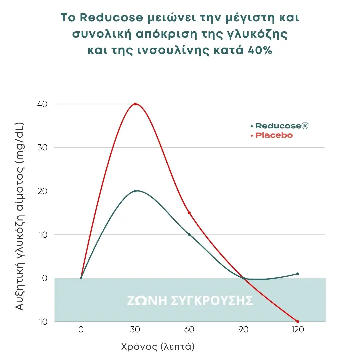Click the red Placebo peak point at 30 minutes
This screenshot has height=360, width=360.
coord(135,104)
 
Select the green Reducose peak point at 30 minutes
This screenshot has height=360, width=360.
coord(135,191)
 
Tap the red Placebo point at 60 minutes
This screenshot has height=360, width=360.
coord(189,213)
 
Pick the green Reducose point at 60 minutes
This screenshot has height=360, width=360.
coord(189,235)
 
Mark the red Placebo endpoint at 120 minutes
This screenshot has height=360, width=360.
coord(297,322)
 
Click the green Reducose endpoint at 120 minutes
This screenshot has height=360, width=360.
coord(297,274)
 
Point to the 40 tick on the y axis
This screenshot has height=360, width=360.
coord(42,104)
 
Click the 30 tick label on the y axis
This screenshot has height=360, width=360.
coord(42,147)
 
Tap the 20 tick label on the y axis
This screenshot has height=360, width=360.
coord(42,191)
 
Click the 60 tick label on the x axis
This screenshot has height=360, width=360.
coord(189,330)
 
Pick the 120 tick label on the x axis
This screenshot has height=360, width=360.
coord(297,330)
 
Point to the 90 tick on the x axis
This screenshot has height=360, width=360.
coord(243,330)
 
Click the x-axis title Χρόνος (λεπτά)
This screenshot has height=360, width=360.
coord(158,347)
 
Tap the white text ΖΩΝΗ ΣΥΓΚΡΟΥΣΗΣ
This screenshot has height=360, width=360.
coord(190,301)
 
